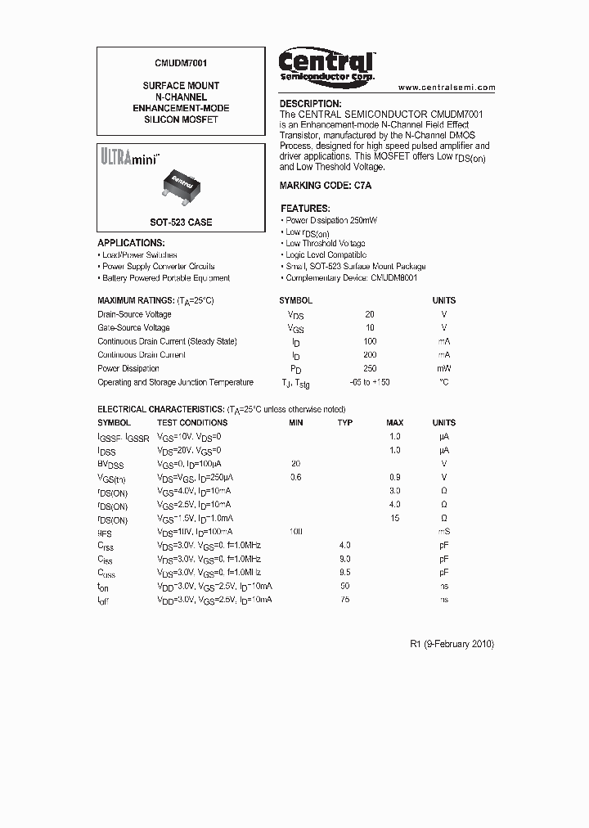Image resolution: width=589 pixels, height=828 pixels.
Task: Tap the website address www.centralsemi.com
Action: tap(447, 88)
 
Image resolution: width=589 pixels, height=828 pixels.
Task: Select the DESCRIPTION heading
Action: tap(310, 104)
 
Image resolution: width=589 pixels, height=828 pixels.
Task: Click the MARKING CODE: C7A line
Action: tap(326, 187)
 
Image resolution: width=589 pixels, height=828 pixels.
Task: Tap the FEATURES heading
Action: tap(305, 209)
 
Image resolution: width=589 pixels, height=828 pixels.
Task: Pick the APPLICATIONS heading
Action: tap(131, 243)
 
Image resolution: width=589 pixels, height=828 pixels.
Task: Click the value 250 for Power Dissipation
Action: tap(370, 369)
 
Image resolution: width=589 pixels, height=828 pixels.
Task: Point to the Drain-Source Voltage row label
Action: tap(134, 314)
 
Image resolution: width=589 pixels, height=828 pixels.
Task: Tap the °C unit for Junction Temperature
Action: tap(443, 382)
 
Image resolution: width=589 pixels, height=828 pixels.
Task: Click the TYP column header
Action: tap(345, 423)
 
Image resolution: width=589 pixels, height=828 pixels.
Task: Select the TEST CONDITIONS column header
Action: tap(192, 423)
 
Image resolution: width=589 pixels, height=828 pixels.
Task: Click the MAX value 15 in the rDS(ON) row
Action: tap(395, 519)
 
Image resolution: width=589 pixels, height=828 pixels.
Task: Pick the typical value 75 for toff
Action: tap(345, 600)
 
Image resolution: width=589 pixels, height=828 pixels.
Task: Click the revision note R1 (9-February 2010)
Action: tap(452, 644)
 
